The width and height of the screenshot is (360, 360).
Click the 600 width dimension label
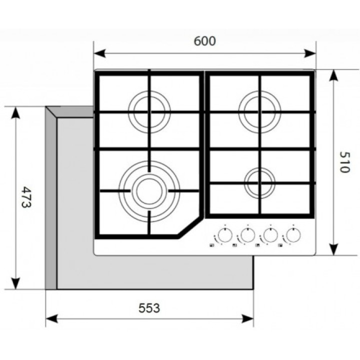(205, 41)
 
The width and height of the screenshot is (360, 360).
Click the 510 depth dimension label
(344, 161)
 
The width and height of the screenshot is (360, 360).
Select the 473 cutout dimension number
(26, 197)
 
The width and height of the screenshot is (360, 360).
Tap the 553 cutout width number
(149, 308)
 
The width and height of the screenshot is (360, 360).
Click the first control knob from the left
(225, 235)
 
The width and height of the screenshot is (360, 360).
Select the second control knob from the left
(247, 235)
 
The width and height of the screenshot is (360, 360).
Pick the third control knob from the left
(270, 235)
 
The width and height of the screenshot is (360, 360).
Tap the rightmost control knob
(293, 235)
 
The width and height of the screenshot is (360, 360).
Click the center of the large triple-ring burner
(149, 191)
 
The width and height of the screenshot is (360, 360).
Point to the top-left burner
(149, 112)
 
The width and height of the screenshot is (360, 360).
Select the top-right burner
(259, 112)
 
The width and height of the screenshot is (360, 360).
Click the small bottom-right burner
(259, 183)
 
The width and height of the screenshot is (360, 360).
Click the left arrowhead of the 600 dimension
(99, 53)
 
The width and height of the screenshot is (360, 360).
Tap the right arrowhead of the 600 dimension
(310, 53)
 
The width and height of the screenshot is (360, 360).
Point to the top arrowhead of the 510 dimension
(333, 75)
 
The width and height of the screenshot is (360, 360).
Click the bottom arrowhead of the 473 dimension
(15, 283)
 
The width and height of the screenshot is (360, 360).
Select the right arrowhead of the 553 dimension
(247, 318)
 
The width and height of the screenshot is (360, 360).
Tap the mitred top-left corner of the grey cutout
(51, 112)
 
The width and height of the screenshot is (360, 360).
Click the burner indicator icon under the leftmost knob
(211, 245)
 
